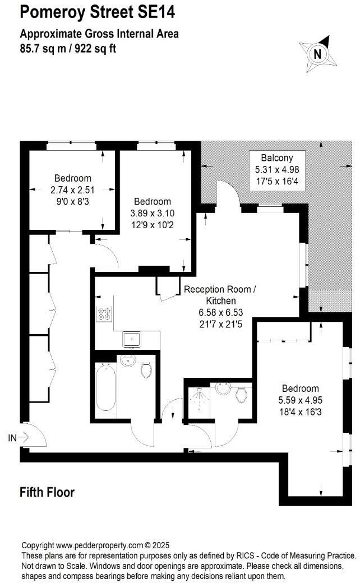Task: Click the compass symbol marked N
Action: click(318, 54)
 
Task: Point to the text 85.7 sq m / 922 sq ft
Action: click(68, 48)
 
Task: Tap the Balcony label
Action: click(276, 158)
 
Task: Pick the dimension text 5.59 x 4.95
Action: click(300, 401)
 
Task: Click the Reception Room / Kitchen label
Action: click(220, 295)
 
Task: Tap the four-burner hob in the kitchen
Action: click(104, 315)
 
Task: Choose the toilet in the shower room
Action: click(242, 395)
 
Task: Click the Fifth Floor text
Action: click(47, 493)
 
